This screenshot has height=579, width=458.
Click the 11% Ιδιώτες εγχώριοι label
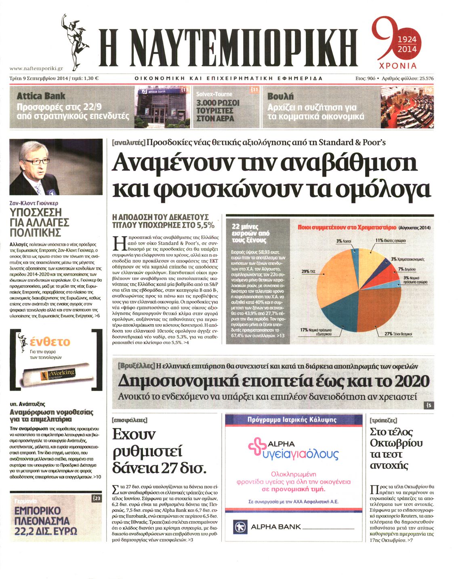point(391,241)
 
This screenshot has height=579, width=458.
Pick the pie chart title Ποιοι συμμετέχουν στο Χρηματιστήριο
point(347,228)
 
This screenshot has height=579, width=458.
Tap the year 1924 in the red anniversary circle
point(407,40)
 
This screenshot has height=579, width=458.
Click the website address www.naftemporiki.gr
point(36,69)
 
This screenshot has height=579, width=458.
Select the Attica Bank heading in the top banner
point(41,96)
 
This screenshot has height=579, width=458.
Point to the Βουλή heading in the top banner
point(280,96)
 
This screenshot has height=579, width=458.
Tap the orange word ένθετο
point(50,342)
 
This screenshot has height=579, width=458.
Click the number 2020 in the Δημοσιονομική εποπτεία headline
point(412,381)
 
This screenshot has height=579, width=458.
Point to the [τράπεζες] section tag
point(383,421)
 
